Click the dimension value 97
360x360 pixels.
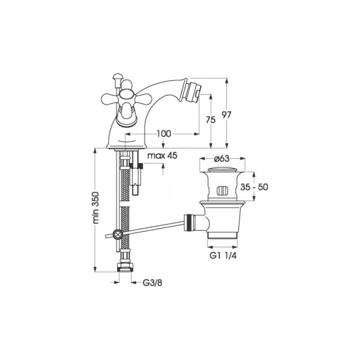[226, 115]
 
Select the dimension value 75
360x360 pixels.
[211, 120]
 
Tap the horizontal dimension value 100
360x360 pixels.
[164, 133]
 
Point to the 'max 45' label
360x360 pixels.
[162, 156]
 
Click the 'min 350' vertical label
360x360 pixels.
[96, 207]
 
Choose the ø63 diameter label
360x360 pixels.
[221, 158]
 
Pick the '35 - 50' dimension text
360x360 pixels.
[254, 187]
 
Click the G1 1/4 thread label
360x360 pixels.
[223, 256]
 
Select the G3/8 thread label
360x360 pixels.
[153, 283]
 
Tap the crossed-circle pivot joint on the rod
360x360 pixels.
[117, 234]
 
